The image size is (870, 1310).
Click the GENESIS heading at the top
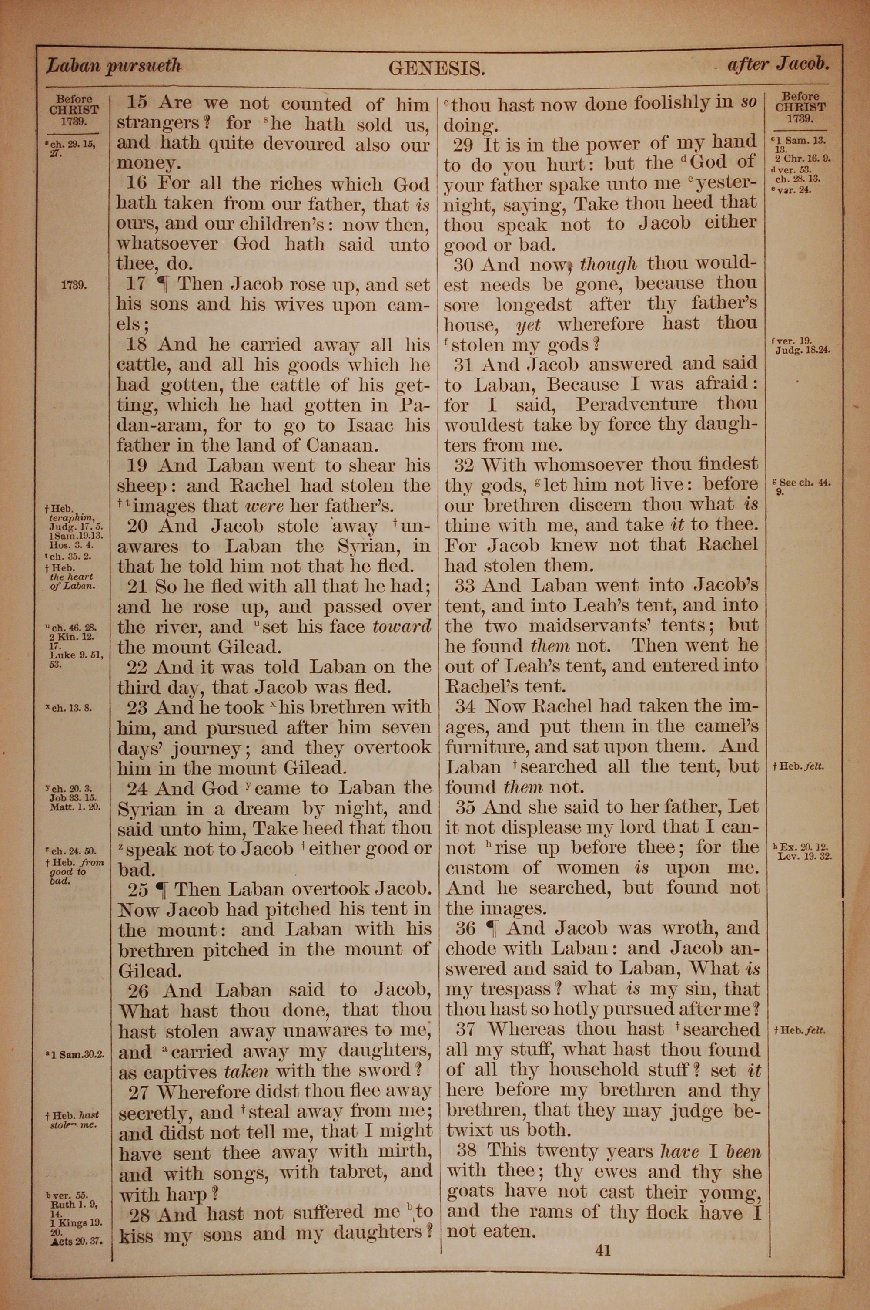coord(437,68)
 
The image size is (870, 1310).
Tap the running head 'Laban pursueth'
coord(114,66)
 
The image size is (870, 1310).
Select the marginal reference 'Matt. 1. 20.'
coord(74,807)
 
